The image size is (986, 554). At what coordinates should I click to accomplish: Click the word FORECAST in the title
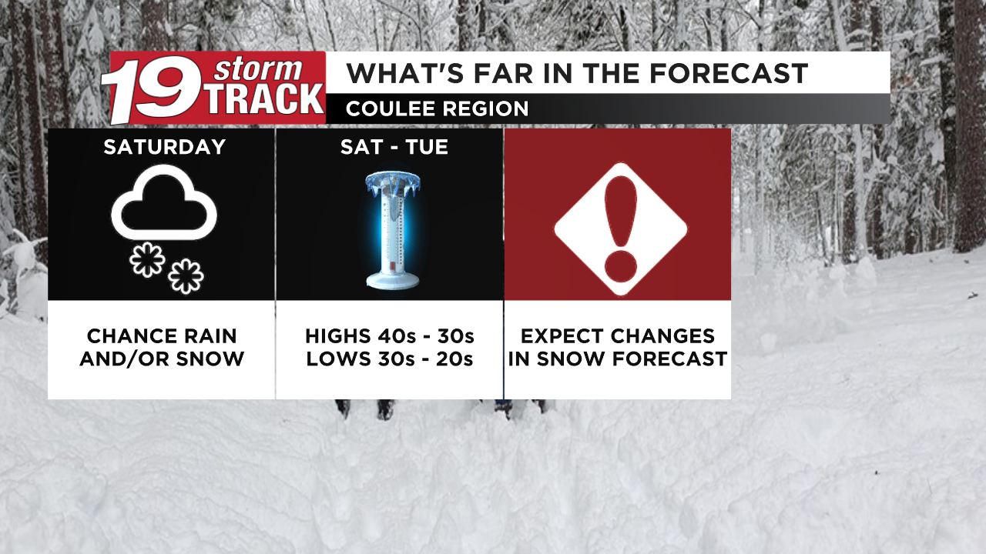coord(728,73)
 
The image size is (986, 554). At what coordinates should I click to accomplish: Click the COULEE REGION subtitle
coord(437,109)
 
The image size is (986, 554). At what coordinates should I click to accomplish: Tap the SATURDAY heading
coord(164,147)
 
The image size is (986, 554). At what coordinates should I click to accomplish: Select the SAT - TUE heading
coord(394,147)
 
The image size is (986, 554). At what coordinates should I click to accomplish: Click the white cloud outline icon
coord(164,204)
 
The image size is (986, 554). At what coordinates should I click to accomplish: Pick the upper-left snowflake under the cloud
coord(146,260)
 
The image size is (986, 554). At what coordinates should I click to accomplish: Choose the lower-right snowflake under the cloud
coord(186,276)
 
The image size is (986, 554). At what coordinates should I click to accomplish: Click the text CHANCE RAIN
coord(162,336)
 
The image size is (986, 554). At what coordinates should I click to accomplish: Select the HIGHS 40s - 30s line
coord(389,336)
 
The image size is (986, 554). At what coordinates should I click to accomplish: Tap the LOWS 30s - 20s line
coord(389,359)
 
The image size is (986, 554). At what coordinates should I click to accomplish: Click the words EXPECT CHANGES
coord(618,336)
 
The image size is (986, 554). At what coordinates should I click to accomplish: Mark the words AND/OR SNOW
coord(162,359)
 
